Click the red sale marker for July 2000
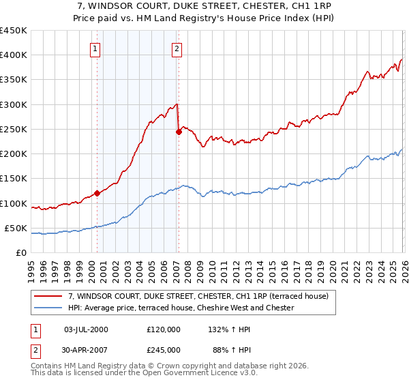click(x=97, y=193)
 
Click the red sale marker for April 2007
click(x=179, y=132)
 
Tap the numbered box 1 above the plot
click(x=95, y=48)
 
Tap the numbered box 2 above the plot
click(x=177, y=48)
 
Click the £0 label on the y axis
click(x=21, y=253)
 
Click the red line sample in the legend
click(x=49, y=296)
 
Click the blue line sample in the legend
click(x=49, y=308)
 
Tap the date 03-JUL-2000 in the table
click(x=85, y=329)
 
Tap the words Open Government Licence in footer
click(x=190, y=374)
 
